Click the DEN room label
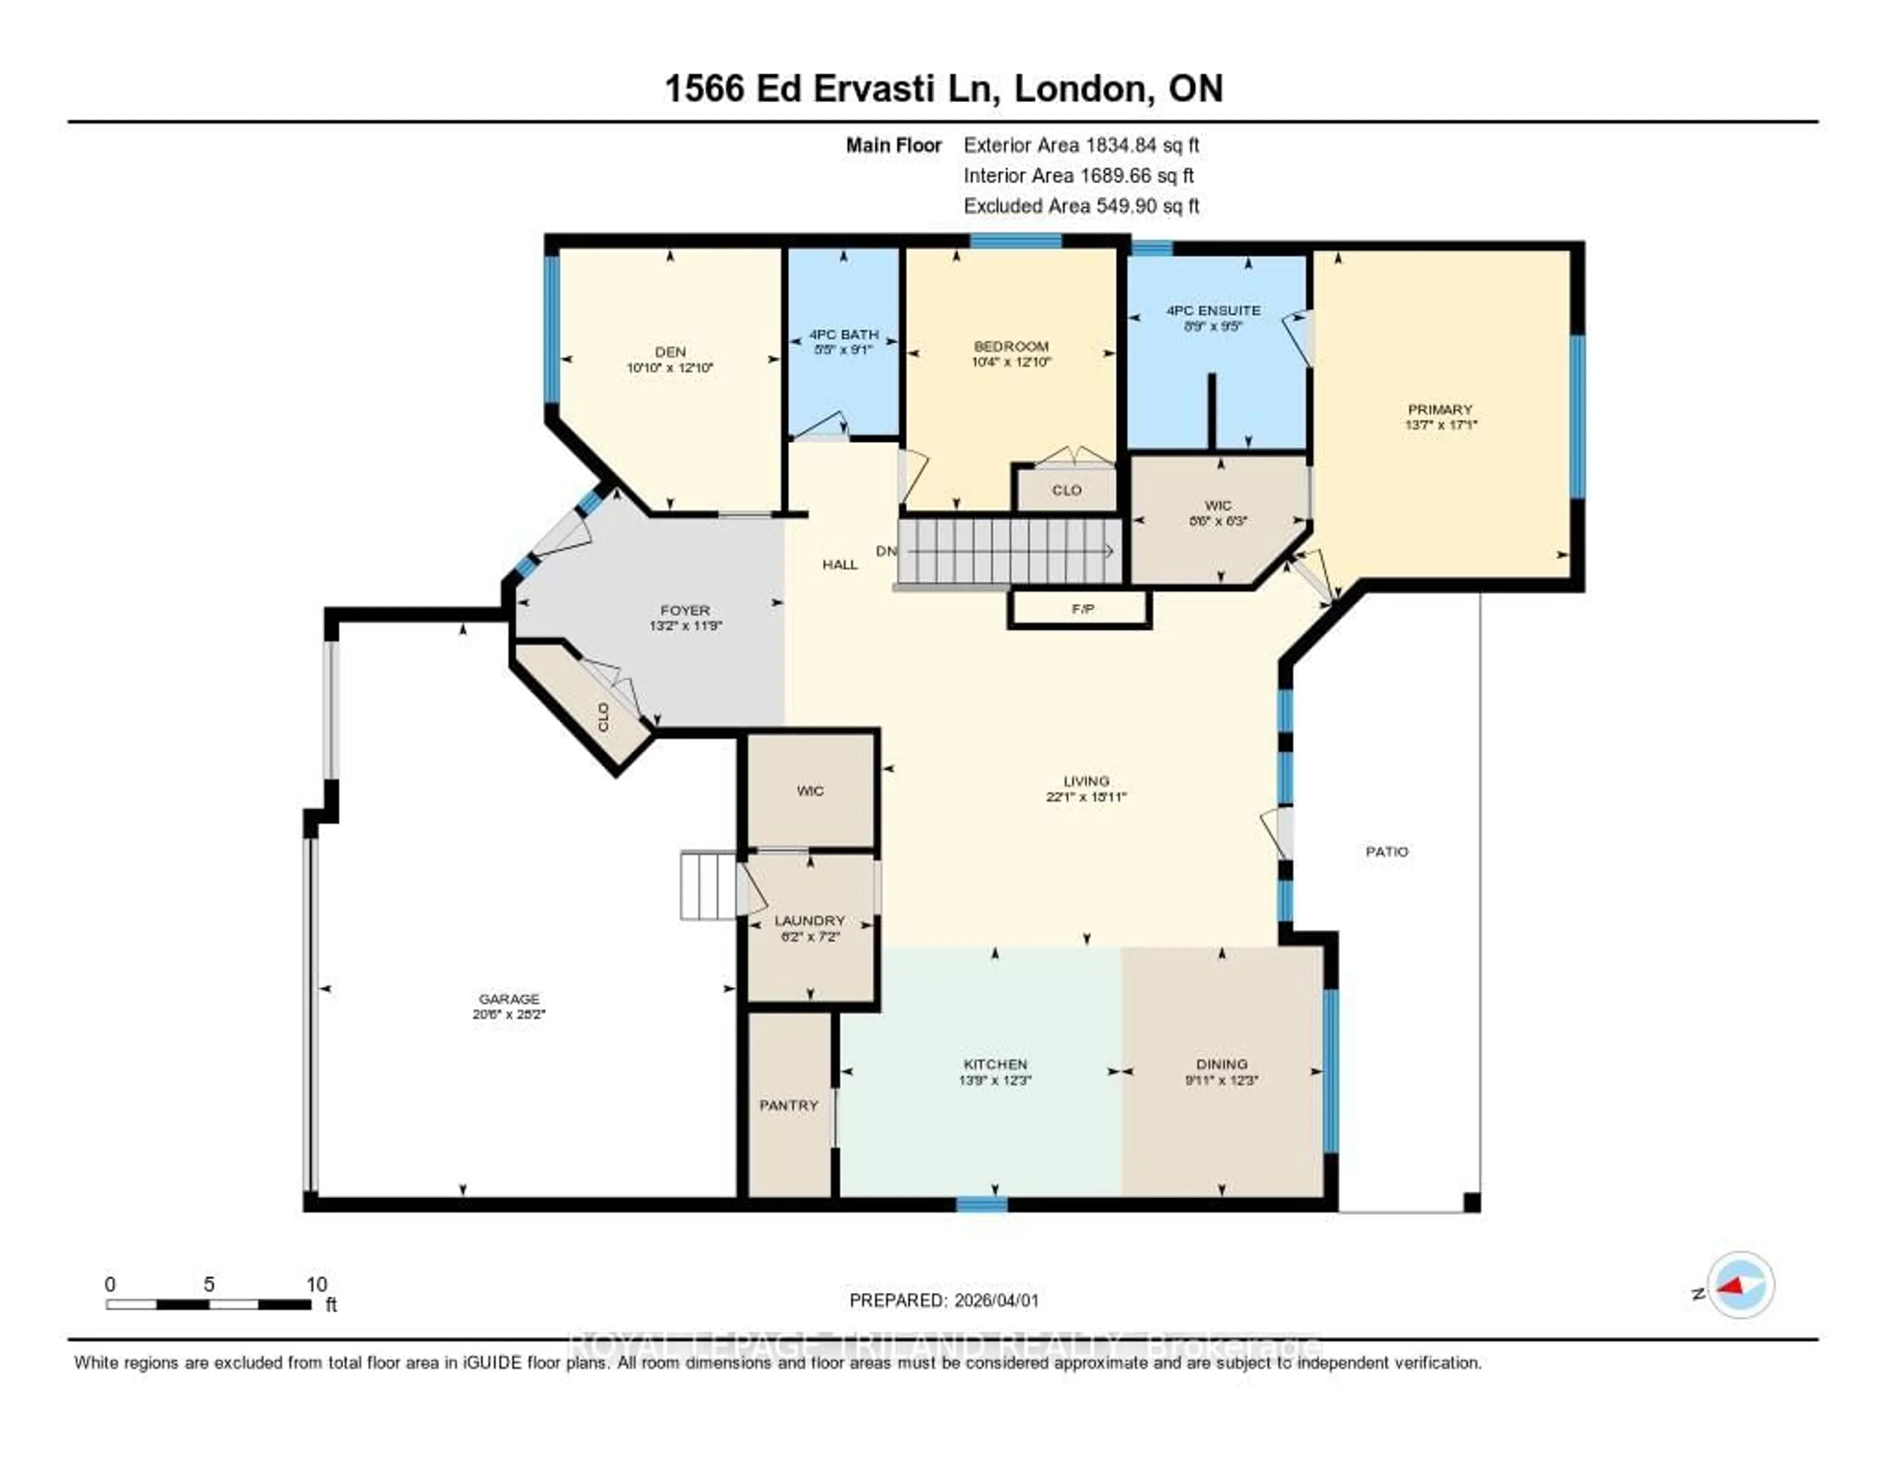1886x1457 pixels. click(x=670, y=352)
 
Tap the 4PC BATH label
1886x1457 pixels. click(x=844, y=334)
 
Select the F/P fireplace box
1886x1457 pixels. click(x=1081, y=609)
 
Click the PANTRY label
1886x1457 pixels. click(x=788, y=1105)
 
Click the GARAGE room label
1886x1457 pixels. click(x=509, y=998)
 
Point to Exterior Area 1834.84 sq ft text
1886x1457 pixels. click(x=1081, y=145)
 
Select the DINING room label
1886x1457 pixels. click(x=1221, y=1064)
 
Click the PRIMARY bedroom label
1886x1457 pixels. click(x=1440, y=409)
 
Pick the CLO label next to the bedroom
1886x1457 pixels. click(x=1066, y=490)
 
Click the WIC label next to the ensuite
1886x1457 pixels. click(x=1218, y=505)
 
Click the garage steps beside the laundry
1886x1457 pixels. click(x=708, y=885)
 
